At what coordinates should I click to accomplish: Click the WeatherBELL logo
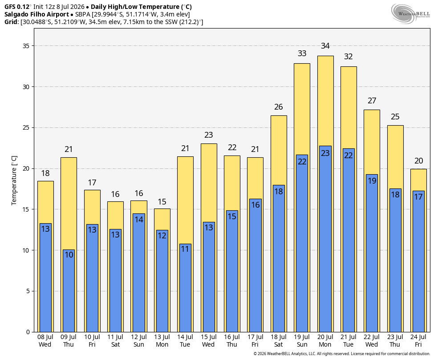410,14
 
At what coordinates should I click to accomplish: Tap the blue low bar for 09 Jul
69,290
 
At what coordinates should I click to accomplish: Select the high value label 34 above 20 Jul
325,46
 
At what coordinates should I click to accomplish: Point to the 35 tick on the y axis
26,46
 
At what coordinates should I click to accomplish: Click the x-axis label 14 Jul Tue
185,341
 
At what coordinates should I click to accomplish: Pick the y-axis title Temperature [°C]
14,180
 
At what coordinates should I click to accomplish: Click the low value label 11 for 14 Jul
185,249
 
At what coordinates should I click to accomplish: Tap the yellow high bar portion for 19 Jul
302,109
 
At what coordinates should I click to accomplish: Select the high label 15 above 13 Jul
162,202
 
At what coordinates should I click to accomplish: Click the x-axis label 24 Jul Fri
418,341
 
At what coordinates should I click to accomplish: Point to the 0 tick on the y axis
28,332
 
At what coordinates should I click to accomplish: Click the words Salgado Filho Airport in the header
36,14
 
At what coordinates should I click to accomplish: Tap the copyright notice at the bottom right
341,354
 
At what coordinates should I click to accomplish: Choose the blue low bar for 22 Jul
372,253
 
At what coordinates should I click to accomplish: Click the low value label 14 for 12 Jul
139,219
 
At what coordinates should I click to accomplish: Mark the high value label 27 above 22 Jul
372,101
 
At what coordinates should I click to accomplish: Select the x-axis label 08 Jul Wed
45,341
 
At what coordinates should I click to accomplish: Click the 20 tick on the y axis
26,168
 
